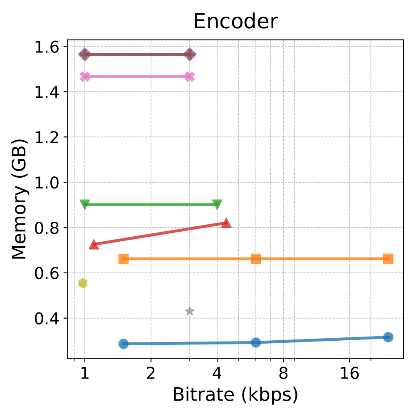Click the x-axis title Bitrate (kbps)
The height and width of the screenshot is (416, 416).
[x=235, y=394]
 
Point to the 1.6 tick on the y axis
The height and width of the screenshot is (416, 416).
[x=46, y=47]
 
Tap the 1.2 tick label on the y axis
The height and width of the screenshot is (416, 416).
[x=46, y=137]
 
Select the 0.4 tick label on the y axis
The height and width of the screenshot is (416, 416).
[x=46, y=319]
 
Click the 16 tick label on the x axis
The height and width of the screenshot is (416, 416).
[x=349, y=374]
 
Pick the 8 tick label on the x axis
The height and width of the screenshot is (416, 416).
[x=283, y=374]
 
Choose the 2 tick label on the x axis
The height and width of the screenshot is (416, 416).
[x=151, y=374]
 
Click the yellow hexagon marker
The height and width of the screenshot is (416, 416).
[x=83, y=283]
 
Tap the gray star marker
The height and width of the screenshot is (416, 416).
[x=190, y=311]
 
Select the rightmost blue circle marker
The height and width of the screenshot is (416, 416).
[x=388, y=337]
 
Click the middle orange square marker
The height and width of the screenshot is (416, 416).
[x=256, y=259]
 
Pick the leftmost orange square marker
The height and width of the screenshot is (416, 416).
[x=124, y=259]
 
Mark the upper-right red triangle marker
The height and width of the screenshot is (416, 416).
[x=226, y=223]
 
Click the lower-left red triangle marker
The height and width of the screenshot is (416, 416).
[x=94, y=245]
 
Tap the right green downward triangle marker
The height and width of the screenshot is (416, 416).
[x=217, y=204]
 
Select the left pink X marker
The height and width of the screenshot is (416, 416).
[x=85, y=77]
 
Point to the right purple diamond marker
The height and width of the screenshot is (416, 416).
[x=190, y=54]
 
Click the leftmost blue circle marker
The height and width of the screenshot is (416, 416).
[x=124, y=344]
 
